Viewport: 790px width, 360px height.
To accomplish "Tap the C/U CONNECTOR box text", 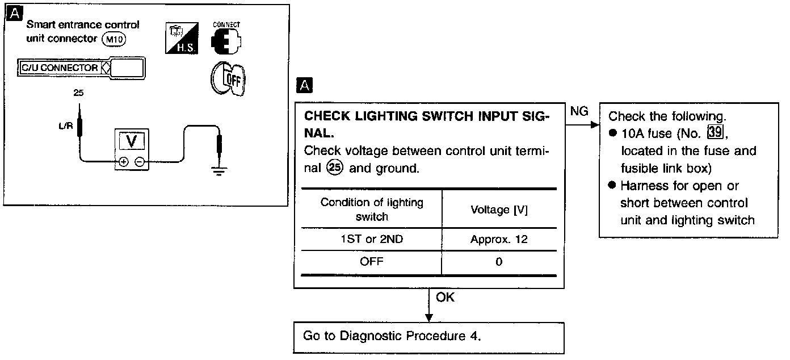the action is coord(58,68).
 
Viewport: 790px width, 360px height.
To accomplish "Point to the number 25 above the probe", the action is coord(78,92).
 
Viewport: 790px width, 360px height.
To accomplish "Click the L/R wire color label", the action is coord(65,126).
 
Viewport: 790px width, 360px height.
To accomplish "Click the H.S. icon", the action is coord(181,39).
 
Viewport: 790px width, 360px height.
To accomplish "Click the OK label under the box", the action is coord(445,298).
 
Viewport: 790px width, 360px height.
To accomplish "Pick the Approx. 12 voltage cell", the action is coord(499,239).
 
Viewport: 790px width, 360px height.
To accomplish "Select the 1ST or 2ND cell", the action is coord(372,239).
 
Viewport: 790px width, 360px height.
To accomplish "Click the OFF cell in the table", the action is coord(372,262).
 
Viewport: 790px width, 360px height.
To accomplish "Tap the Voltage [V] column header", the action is coord(499,210).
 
